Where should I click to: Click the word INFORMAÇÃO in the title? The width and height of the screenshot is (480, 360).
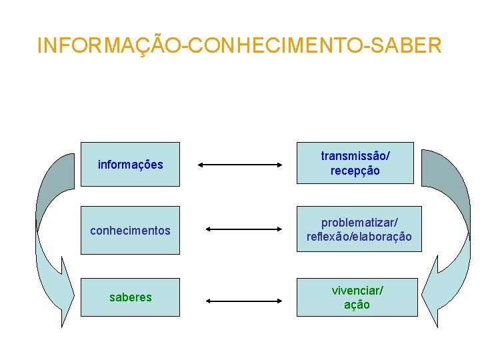coord(112,45)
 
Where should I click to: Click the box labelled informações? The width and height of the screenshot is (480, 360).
coord(130,164)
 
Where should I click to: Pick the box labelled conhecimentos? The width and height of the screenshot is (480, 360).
coord(130,231)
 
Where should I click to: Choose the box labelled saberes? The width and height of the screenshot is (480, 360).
coord(130,297)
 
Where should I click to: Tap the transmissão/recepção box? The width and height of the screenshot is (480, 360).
coord(355,163)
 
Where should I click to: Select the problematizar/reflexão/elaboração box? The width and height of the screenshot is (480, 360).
coord(359,229)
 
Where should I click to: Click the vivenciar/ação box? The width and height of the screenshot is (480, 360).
coord(357,297)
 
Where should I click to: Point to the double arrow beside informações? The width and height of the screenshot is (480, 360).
coord(241,164)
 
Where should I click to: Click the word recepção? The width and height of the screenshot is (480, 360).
coord(355,171)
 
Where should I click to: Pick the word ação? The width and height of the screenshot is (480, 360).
coord(357,305)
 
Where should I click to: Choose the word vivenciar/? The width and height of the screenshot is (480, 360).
coord(357,290)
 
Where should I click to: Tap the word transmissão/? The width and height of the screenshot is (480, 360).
coord(355,155)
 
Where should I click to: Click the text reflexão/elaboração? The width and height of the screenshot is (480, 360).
coord(359,237)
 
